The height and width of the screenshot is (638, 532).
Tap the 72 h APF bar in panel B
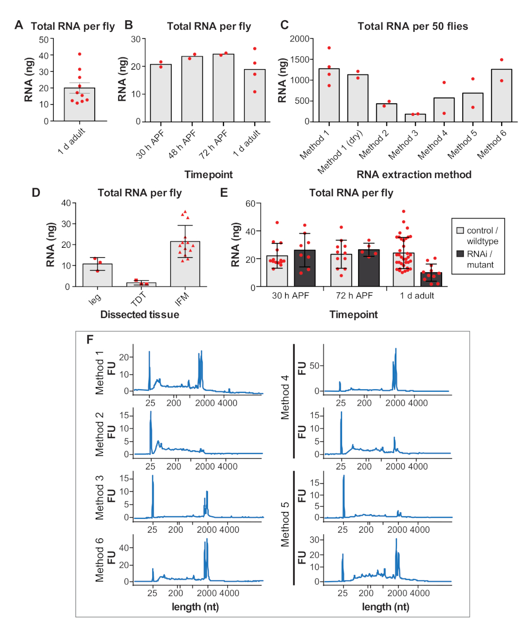click(x=223, y=88)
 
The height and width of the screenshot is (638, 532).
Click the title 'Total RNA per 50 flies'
click(x=413, y=26)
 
